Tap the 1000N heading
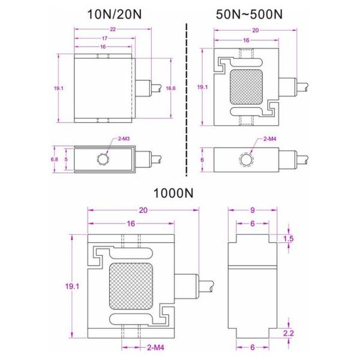pos(174,193)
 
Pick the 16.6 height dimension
pos(170,88)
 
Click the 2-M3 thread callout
pos(124,139)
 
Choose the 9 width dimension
pos(253,211)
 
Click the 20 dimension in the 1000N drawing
pos(143,211)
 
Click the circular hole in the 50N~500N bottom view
pos(246,160)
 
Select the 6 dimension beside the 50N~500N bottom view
pos(202,160)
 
